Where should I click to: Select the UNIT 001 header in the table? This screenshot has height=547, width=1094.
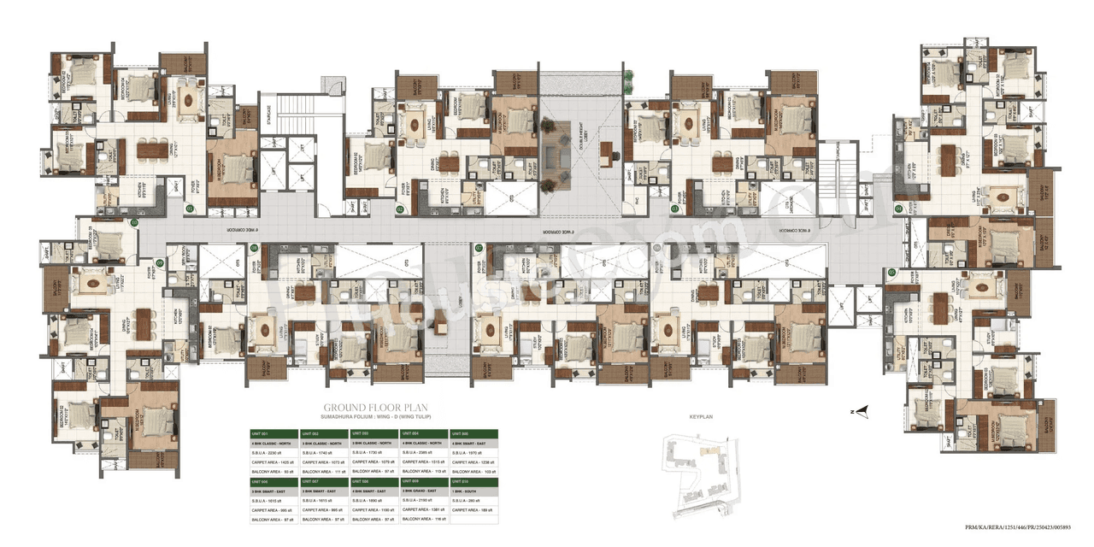click(x=273, y=433)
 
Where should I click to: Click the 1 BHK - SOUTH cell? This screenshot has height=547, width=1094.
click(x=473, y=491)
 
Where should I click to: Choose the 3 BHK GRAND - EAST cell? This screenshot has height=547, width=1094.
click(x=423, y=491)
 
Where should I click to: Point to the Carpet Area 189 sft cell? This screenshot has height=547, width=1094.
click(x=473, y=509)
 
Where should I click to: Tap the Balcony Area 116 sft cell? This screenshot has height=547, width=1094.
click(x=423, y=519)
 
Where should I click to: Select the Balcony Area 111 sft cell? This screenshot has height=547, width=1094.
click(x=324, y=471)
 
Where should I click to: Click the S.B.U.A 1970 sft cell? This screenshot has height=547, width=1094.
click(x=473, y=453)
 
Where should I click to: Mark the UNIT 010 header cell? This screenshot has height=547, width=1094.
click(x=473, y=482)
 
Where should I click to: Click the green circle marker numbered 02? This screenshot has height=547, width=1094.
click(x=346, y=208)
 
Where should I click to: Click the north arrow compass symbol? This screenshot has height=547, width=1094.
click(x=863, y=411)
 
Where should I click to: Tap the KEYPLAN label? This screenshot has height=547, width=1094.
click(x=700, y=416)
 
